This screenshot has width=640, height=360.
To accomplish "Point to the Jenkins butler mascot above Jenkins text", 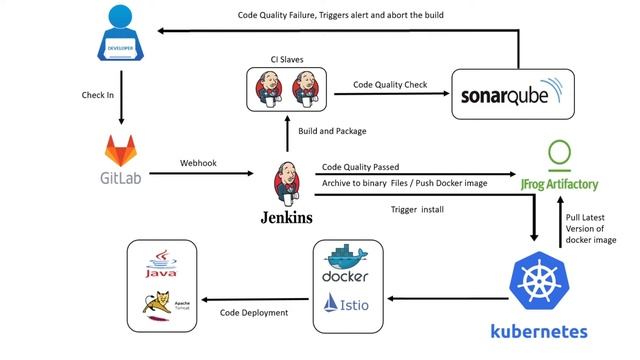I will (285, 182).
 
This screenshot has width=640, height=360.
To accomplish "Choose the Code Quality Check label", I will (390, 85).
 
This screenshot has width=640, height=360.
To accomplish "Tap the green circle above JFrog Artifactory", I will (561, 155).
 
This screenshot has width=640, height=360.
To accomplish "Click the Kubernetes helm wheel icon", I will (539, 281).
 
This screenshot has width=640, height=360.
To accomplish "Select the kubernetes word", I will (539, 330).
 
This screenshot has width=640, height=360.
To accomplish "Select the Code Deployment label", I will (254, 313).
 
